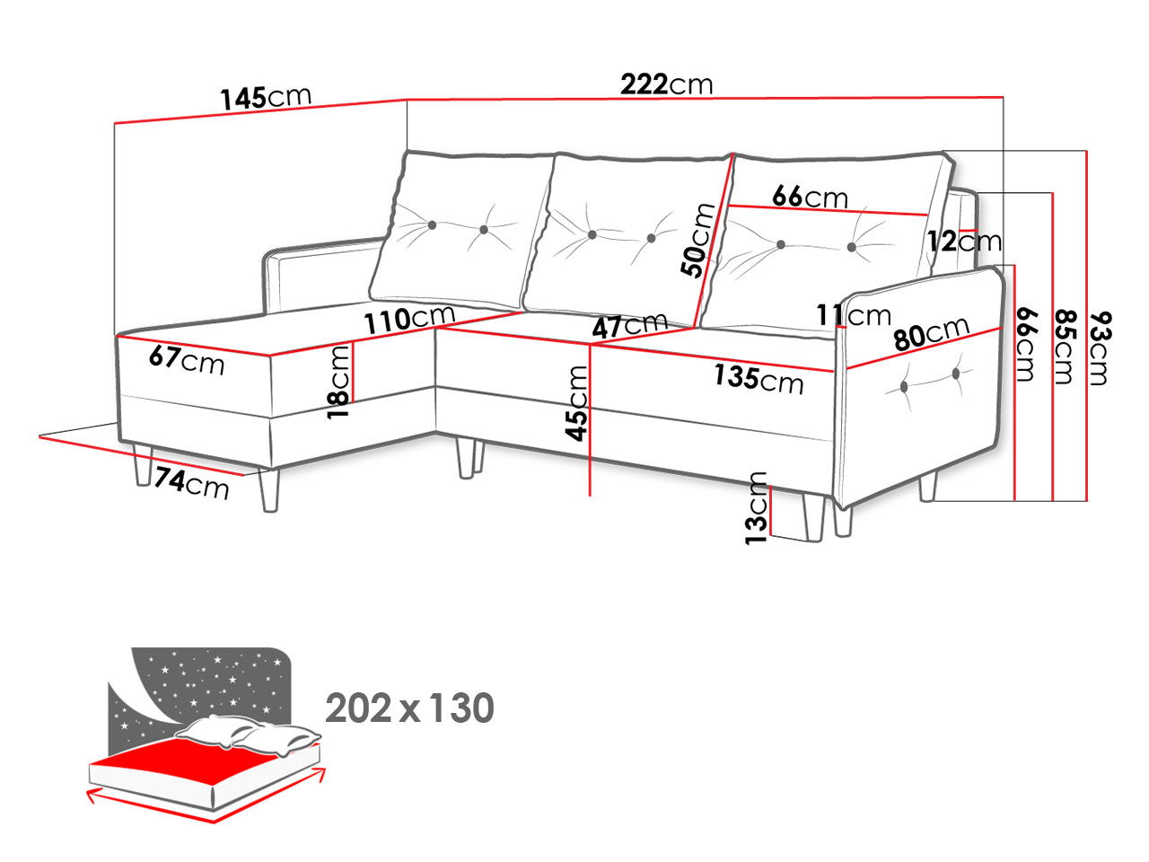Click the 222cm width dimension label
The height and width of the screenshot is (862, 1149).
(x=666, y=84)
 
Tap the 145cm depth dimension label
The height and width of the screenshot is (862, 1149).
(x=266, y=97)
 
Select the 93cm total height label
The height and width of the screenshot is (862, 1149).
(x=1100, y=348)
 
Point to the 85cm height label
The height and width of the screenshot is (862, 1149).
(x=1064, y=347)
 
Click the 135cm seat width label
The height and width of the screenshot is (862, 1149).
(x=759, y=378)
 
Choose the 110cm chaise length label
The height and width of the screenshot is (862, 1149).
(x=409, y=319)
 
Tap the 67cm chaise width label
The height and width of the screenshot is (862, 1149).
(x=187, y=360)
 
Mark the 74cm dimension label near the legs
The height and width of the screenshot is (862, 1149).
(x=191, y=483)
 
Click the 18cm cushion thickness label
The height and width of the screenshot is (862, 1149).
(x=338, y=382)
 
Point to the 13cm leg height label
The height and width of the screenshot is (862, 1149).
(x=757, y=508)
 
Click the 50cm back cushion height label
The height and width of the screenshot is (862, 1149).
(x=697, y=241)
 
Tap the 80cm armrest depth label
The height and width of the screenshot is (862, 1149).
(x=931, y=333)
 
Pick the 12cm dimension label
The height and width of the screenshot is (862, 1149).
(x=965, y=242)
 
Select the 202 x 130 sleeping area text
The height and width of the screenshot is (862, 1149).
(x=409, y=708)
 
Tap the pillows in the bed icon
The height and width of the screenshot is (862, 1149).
(x=247, y=734)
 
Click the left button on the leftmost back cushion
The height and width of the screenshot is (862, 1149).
(x=432, y=225)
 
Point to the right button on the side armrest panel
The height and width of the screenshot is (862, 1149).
(x=956, y=374)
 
